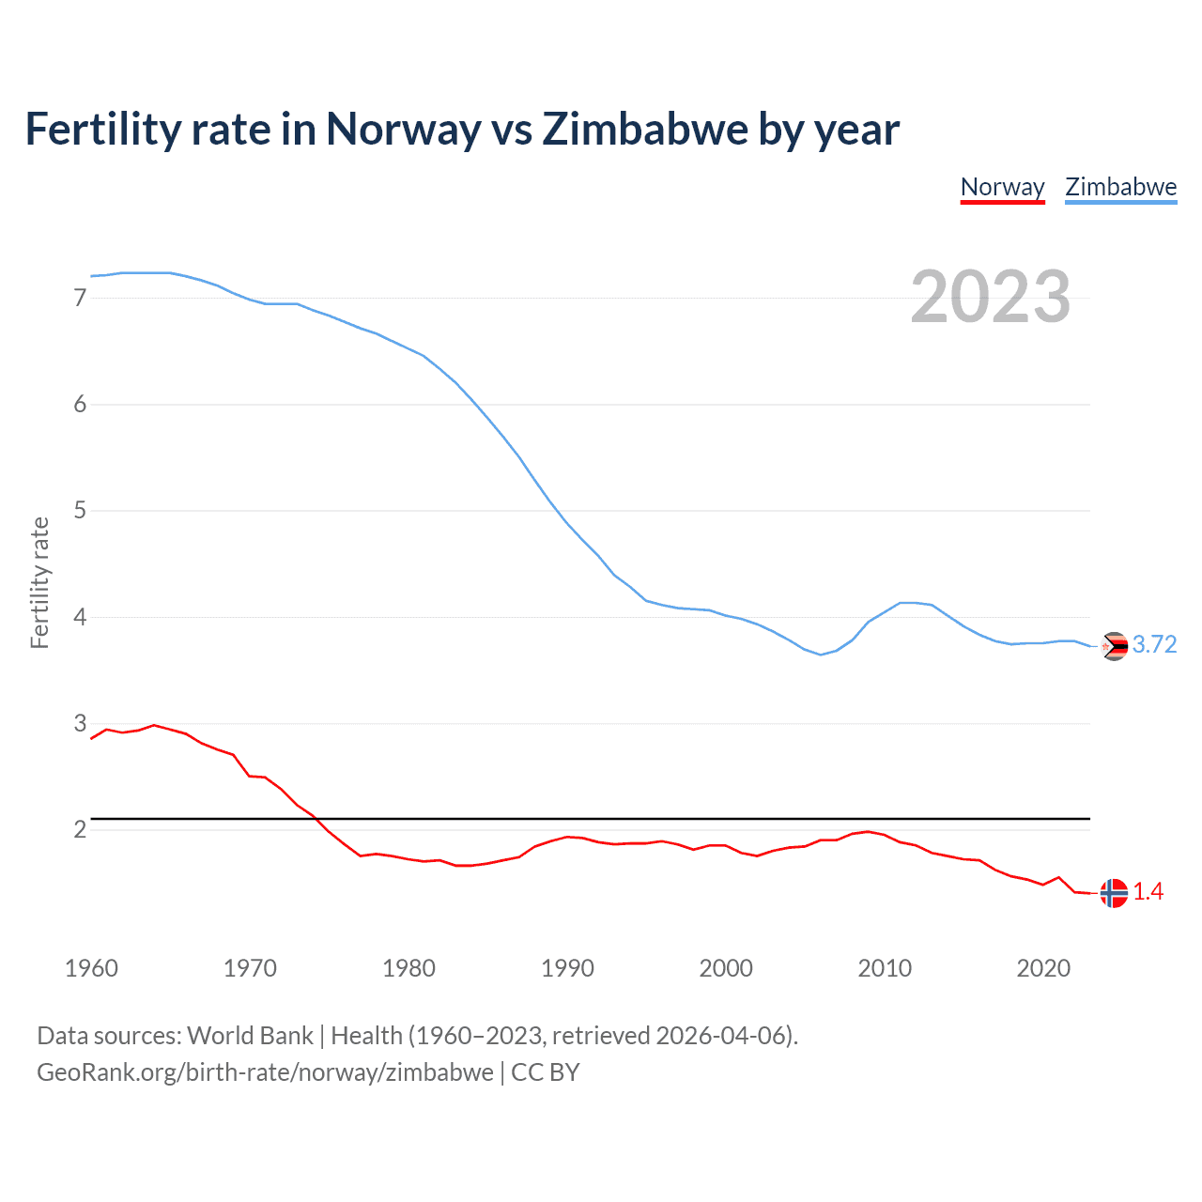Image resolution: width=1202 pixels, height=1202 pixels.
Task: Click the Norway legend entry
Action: (x=1002, y=187)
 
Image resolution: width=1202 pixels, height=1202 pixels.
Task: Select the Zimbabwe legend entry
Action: (x=1120, y=187)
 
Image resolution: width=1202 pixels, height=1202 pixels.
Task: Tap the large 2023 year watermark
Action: (x=990, y=297)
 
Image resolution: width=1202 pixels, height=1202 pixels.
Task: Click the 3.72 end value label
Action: (x=1154, y=644)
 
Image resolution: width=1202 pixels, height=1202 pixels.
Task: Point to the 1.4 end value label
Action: (x=1148, y=891)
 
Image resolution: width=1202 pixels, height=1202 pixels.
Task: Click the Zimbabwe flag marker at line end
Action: (x=1114, y=646)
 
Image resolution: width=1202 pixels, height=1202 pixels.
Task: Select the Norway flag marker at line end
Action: (x=1114, y=893)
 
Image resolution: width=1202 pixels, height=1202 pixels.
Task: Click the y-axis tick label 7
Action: (x=80, y=298)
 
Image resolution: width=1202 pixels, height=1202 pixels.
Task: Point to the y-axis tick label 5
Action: (x=80, y=511)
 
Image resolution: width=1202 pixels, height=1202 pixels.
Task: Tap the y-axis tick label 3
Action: (x=80, y=724)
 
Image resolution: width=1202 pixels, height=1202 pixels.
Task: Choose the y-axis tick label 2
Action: (x=80, y=830)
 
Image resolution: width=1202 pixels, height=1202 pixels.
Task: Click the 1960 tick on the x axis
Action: (x=91, y=968)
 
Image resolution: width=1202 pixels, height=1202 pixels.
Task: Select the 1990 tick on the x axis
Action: (x=567, y=968)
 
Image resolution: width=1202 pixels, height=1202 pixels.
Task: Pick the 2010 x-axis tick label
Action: (x=885, y=968)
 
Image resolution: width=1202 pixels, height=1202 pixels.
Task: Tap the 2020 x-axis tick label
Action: (x=1043, y=968)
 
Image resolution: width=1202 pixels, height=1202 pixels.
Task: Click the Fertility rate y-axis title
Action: (x=39, y=582)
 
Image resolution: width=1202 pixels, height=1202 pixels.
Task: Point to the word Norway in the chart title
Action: (x=403, y=129)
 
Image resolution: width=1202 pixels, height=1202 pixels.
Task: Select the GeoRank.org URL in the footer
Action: (x=265, y=1072)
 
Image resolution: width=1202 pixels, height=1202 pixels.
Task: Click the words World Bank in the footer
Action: (x=250, y=1036)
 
